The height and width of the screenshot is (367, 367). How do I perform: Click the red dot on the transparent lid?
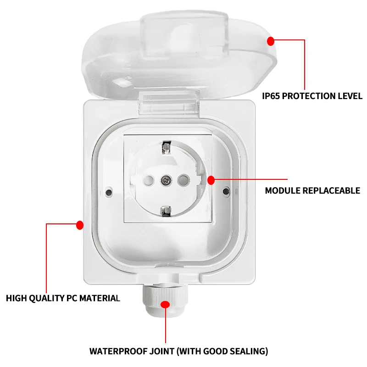pos(271,41)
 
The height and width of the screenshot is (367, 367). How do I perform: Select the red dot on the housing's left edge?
pos(80,225)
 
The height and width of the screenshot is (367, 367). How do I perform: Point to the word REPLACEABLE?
pos(331,190)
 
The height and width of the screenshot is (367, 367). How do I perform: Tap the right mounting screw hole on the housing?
pos(226,190)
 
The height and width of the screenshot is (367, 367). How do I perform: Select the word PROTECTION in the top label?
pos(311,96)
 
